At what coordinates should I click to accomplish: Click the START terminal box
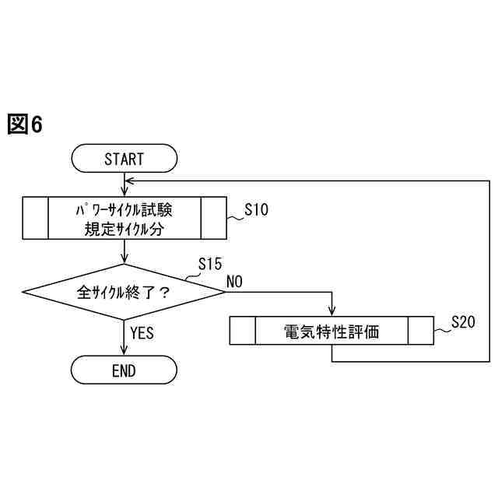124,159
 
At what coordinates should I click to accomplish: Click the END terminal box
124,370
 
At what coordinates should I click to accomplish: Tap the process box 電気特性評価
331,331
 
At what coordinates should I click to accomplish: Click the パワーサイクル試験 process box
124,219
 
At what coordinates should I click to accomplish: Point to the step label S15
211,264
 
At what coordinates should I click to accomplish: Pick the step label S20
463,323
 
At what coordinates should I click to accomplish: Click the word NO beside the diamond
234,281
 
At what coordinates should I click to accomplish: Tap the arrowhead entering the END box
124,352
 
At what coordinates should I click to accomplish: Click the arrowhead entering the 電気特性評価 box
332,313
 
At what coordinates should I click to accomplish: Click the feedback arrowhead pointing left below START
129,180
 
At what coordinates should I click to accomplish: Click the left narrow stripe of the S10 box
36,219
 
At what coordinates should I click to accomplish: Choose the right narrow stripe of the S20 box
421,331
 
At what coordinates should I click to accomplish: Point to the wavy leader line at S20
441,330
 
